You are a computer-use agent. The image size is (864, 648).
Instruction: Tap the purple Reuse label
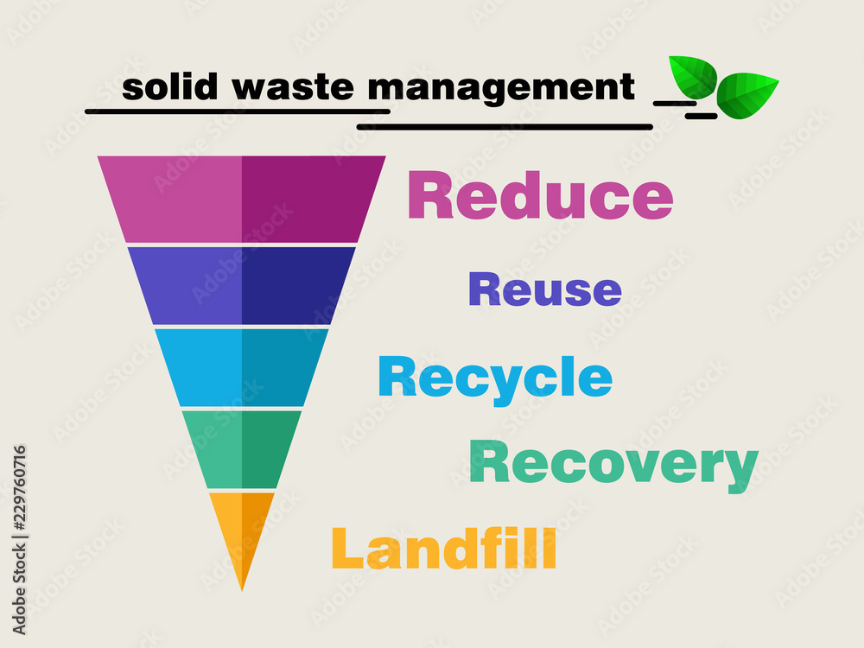[544, 289]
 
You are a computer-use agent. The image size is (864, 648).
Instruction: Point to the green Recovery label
[613, 464]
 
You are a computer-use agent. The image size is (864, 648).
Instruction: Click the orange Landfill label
[444, 548]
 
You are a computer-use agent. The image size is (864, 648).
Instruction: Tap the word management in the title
[501, 87]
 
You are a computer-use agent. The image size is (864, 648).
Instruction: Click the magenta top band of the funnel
[242, 199]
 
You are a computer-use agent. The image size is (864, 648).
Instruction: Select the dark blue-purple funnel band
[242, 285]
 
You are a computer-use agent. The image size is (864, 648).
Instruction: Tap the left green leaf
[693, 76]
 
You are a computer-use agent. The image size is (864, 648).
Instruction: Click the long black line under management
[505, 127]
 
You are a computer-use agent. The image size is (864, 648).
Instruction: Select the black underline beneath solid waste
[238, 111]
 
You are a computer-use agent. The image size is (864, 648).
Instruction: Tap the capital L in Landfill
[347, 548]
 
